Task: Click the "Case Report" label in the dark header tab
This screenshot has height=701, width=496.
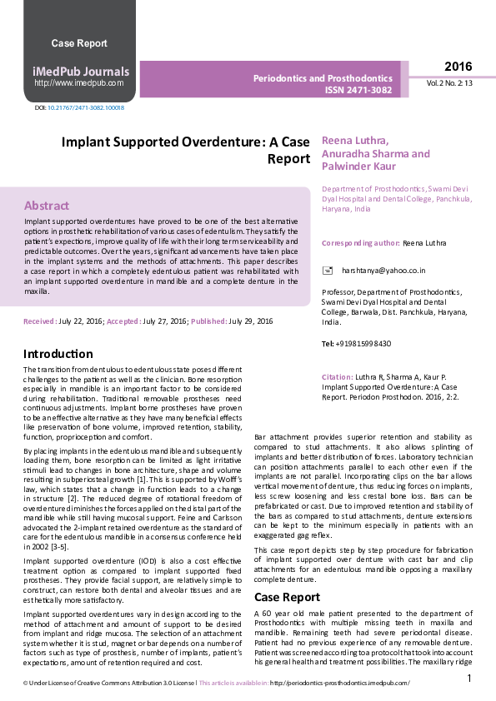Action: pyautogui.click(x=79, y=43)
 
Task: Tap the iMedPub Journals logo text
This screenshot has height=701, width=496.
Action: pyautogui.click(x=80, y=71)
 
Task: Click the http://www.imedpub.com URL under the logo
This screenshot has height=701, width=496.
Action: pyautogui.click(x=79, y=83)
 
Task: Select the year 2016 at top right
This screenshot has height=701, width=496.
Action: pyautogui.click(x=458, y=67)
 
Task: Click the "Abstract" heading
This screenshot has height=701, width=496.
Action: pyautogui.click(x=47, y=205)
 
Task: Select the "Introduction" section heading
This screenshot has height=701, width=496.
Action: pyautogui.click(x=58, y=354)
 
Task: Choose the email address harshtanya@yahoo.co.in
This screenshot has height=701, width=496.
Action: pyautogui.click(x=383, y=271)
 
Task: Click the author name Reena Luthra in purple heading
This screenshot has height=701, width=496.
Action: pyautogui.click(x=354, y=141)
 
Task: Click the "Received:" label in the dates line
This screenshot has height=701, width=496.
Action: pyautogui.click(x=40, y=321)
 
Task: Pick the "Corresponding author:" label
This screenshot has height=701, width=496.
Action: pyautogui.click(x=360, y=242)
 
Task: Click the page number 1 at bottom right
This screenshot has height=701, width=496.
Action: pyautogui.click(x=470, y=679)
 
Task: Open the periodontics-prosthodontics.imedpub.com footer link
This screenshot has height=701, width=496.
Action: pyautogui.click(x=340, y=684)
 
